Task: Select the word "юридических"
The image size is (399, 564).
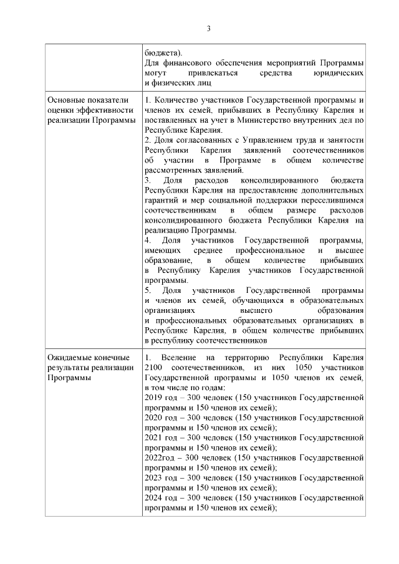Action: [x=339, y=73]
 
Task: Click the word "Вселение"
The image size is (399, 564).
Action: [x=178, y=358]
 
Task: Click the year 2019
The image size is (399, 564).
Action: [x=153, y=398]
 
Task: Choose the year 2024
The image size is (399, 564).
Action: [x=153, y=497]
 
